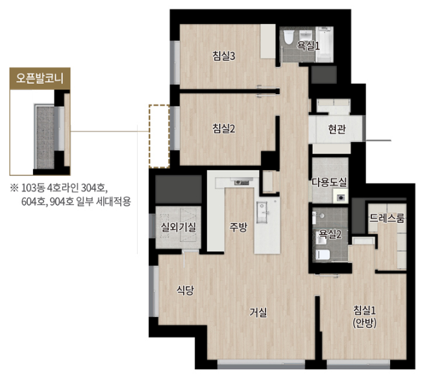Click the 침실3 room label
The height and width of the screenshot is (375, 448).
(x=223, y=56)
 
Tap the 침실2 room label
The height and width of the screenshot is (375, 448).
(x=223, y=128)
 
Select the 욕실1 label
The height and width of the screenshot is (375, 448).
(x=308, y=45)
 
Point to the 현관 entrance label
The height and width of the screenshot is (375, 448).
(x=337, y=129)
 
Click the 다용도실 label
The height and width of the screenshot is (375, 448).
(x=329, y=183)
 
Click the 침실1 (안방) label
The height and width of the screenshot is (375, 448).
(x=365, y=315)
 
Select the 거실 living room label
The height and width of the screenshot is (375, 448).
(x=258, y=311)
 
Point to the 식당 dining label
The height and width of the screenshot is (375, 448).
(x=185, y=290)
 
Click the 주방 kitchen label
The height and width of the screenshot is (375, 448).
(x=238, y=227)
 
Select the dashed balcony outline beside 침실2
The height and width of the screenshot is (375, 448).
(x=158, y=136)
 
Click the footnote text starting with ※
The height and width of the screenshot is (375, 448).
(x=71, y=195)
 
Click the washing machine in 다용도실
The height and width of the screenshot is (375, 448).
(x=338, y=195)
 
